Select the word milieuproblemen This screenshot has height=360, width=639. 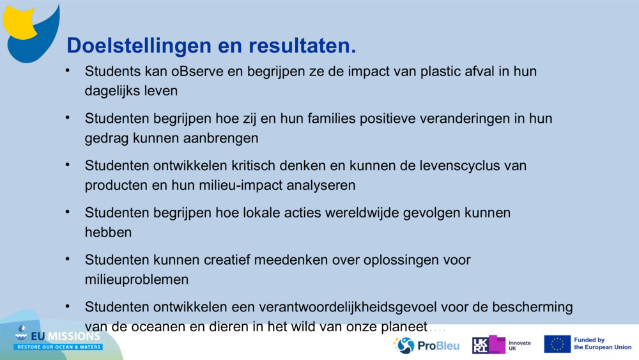(x=137, y=279)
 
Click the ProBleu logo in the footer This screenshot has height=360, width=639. (x=427, y=345)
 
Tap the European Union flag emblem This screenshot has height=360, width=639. (x=557, y=344)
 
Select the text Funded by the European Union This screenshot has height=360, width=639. (x=602, y=344)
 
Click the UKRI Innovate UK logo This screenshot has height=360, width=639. (x=502, y=345)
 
